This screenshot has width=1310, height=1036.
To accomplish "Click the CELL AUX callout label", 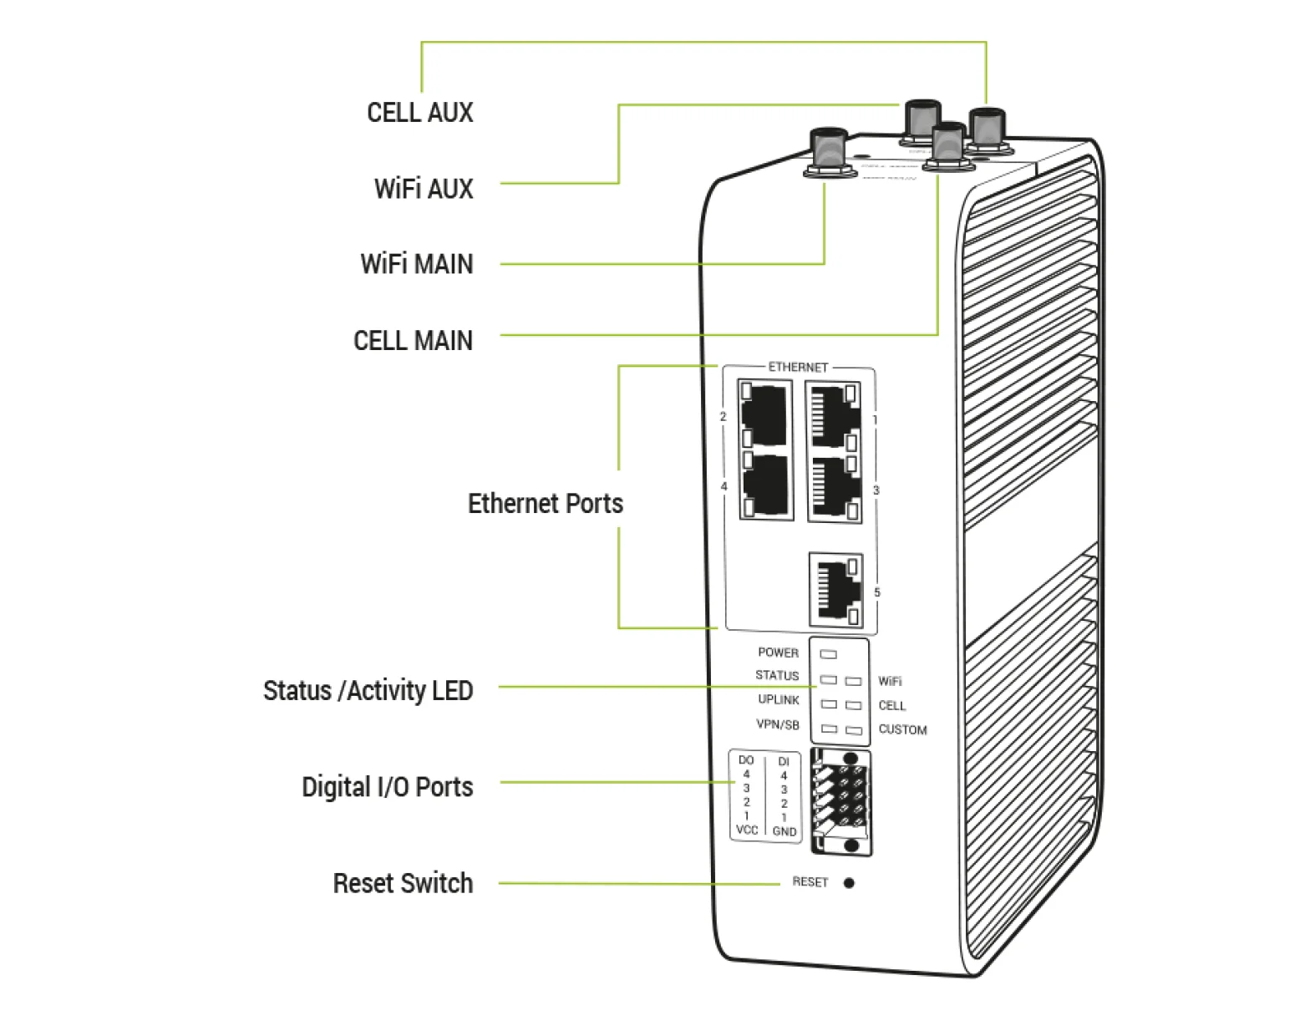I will [x=419, y=112].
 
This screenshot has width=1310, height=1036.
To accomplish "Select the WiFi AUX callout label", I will [x=424, y=188].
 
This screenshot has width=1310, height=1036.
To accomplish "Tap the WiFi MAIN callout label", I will [x=416, y=264].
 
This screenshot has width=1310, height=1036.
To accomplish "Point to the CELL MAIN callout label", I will [x=413, y=341].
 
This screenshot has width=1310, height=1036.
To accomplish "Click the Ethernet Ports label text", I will [x=545, y=504].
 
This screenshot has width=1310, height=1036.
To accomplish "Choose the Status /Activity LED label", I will [x=368, y=691].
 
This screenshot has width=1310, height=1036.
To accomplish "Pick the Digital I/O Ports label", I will [x=387, y=787].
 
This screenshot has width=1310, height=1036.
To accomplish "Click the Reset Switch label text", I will [x=403, y=883].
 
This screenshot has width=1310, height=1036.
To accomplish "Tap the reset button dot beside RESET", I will [x=849, y=883].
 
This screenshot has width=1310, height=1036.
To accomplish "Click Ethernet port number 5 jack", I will [x=835, y=590].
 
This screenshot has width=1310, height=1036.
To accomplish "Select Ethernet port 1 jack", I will [x=834, y=415].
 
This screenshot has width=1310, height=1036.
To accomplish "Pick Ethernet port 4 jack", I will [x=766, y=487].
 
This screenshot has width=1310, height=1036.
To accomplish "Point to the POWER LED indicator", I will [x=829, y=654].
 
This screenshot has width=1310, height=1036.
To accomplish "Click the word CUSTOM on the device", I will [x=902, y=729].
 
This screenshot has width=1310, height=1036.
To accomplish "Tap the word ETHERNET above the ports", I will [x=798, y=367].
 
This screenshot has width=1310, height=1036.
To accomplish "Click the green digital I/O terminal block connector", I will [x=841, y=803].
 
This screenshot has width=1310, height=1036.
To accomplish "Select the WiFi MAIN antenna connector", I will [x=830, y=152].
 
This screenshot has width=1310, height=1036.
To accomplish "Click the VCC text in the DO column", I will [x=746, y=830].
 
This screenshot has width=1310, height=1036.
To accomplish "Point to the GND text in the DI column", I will [x=784, y=831].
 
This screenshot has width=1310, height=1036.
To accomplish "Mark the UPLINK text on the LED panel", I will [x=778, y=699].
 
